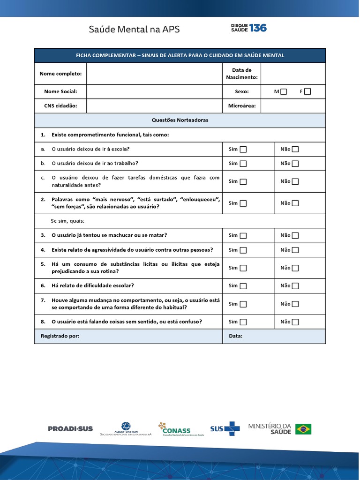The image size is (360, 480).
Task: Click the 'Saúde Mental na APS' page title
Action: [x=134, y=30]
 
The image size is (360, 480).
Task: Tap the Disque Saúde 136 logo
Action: [x=248, y=28]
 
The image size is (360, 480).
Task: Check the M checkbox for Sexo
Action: [x=284, y=92]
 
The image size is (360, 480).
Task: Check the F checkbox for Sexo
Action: [x=307, y=92]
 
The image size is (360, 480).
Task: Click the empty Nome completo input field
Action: [x=154, y=74]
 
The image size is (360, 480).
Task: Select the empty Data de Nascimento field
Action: [x=292, y=74]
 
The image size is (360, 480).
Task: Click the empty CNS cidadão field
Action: [x=154, y=106]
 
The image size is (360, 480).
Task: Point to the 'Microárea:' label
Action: [x=241, y=106]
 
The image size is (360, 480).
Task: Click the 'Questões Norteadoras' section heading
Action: [x=180, y=120]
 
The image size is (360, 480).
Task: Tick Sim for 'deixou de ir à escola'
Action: [x=243, y=150]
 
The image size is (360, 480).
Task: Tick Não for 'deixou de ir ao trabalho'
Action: [x=295, y=164]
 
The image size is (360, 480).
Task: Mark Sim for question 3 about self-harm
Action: [x=243, y=236]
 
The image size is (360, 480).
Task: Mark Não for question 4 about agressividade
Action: [x=295, y=250]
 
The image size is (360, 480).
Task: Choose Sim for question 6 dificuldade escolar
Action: [x=243, y=286]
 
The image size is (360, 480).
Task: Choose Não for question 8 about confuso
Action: [x=295, y=322]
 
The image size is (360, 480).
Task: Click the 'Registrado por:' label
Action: [x=60, y=336]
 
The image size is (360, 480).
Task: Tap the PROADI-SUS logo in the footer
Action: [x=70, y=428]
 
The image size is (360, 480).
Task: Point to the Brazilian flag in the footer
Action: [x=303, y=429]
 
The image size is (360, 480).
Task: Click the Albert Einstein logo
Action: [x=126, y=429]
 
